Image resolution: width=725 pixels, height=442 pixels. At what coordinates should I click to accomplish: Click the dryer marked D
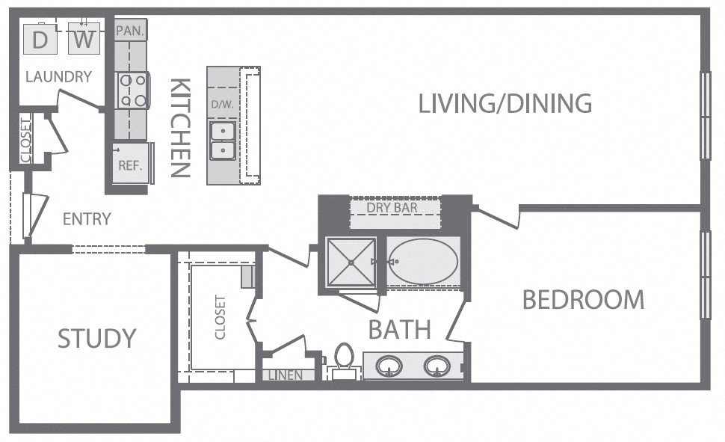tap(40, 38)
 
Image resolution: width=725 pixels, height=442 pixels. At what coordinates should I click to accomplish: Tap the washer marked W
tap(84, 38)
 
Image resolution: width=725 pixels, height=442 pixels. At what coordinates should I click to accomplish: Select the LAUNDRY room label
tap(59, 76)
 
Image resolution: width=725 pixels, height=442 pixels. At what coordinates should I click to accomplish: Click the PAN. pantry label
tap(130, 31)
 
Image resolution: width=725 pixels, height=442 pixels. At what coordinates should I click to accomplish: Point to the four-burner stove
tap(132, 90)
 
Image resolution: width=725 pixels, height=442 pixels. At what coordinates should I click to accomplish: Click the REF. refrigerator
tap(131, 163)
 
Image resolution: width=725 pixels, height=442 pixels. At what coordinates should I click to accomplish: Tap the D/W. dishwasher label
tap(223, 104)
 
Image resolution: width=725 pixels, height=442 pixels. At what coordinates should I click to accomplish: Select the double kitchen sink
tap(223, 141)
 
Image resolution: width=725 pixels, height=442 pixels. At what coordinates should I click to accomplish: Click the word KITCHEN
tap(181, 128)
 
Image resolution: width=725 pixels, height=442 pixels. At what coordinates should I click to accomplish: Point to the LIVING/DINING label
tap(505, 103)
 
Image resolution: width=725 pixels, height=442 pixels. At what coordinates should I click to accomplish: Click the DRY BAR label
tap(392, 208)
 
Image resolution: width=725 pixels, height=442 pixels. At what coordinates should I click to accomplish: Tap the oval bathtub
tap(422, 262)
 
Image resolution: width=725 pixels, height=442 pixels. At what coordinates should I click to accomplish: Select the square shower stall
tap(351, 262)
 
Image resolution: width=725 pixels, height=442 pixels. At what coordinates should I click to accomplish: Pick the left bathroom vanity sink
tap(389, 366)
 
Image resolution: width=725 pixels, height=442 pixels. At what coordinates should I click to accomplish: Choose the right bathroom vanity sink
tap(437, 366)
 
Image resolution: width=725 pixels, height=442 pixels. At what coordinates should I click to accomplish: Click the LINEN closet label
tap(286, 375)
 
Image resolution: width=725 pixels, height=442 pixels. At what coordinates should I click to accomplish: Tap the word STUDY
tap(97, 338)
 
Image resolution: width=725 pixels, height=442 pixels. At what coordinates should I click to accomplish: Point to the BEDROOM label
tap(584, 299)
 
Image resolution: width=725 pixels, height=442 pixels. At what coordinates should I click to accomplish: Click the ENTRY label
tap(87, 219)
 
